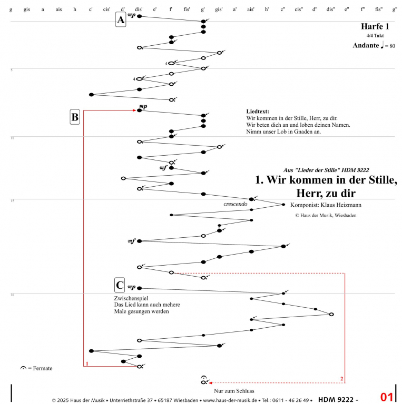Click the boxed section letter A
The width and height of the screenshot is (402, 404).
tap(121, 20)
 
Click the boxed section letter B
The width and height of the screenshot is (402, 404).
tap(75, 117)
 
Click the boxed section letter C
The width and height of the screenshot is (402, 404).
tap(120, 286)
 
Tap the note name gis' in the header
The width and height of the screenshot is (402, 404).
tap(219, 9)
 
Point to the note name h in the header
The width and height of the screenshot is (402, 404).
tap(75, 9)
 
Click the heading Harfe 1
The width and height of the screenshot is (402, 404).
tap(375, 26)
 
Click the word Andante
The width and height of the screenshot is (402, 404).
tap(366, 46)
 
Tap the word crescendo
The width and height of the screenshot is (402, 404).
tap(235, 203)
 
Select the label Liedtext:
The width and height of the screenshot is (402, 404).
tap(258, 112)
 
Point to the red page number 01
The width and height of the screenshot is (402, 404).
tap(387, 397)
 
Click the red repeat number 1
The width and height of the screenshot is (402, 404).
tap(86, 363)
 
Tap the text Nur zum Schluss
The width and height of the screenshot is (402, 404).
tap(234, 391)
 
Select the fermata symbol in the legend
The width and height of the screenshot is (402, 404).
tap(23, 368)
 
